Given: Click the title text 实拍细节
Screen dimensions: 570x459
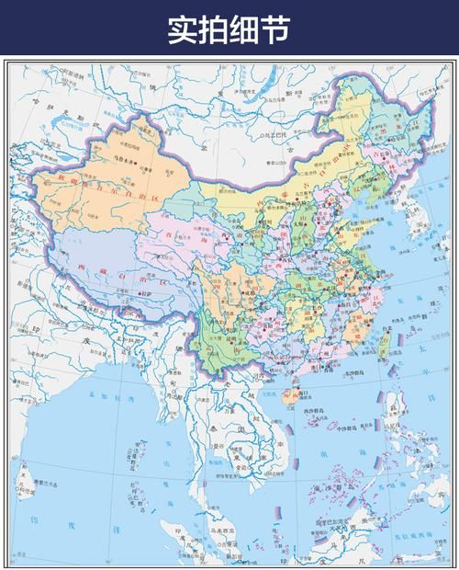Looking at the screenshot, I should [229, 28].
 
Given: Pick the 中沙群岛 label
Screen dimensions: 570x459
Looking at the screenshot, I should [344, 427].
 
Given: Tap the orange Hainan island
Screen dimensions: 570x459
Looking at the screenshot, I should [287, 396].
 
